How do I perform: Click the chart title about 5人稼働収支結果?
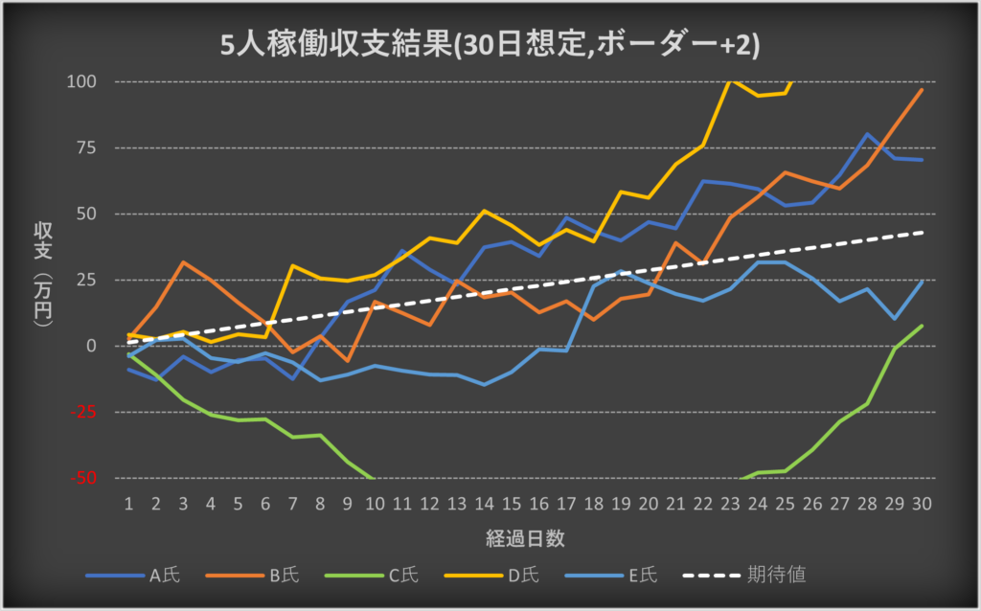(x=490, y=45)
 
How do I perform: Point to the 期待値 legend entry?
(x=775, y=576)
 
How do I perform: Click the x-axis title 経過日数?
(x=524, y=538)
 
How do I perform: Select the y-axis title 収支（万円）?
(x=42, y=278)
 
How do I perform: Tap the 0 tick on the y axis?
(x=92, y=346)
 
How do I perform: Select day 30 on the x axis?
(x=922, y=503)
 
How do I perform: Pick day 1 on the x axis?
(x=128, y=503)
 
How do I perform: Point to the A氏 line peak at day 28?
(x=867, y=134)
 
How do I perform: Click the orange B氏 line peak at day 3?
(x=184, y=261)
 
